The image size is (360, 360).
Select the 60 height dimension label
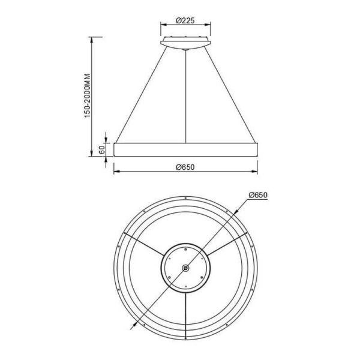point(102,149)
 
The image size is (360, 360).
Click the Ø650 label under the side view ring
point(187,167)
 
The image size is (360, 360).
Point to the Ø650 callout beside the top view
point(256,194)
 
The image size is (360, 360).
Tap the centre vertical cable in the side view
point(187,96)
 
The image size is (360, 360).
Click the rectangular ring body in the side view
point(187,150)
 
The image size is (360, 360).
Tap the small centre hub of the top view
point(186,268)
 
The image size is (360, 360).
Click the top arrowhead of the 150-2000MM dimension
point(91,38)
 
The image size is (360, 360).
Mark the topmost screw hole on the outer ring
point(186,198)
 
